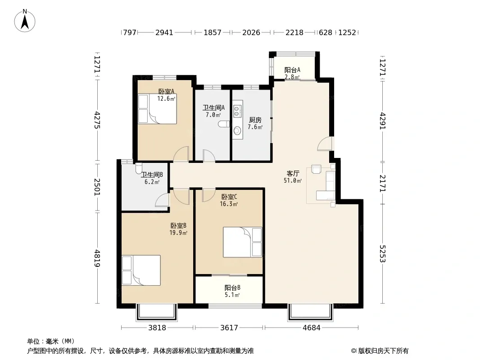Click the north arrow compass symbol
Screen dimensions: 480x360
pyautogui.click(x=25, y=21)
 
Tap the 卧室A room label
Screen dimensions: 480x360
pyautogui.click(x=166, y=91)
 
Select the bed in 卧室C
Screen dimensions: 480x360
pyautogui.click(x=242, y=242)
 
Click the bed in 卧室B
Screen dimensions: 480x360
pyautogui.click(x=141, y=270)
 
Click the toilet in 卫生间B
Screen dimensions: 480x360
pyautogui.click(x=139, y=168)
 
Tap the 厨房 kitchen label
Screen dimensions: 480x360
pyautogui.click(x=255, y=120)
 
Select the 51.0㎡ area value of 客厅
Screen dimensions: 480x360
pyautogui.click(x=293, y=180)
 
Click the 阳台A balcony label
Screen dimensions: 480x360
pyautogui.click(x=292, y=70)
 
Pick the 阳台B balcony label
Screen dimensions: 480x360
pyautogui.click(x=232, y=288)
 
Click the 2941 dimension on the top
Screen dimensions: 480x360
pyautogui.click(x=164, y=32)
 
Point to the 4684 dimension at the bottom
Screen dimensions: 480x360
pyautogui.click(x=311, y=328)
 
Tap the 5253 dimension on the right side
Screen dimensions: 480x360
pyautogui.click(x=383, y=253)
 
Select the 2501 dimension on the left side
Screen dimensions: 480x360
pyautogui.click(x=97, y=187)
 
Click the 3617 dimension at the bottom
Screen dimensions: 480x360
pyautogui.click(x=229, y=328)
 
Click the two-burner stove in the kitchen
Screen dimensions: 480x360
pyautogui.click(x=237, y=111)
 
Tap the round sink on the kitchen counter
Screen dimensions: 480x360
pyautogui.click(x=237, y=131)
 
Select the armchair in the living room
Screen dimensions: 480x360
pyautogui.click(x=316, y=169)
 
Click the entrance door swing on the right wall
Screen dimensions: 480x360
pyautogui.click(x=325, y=144)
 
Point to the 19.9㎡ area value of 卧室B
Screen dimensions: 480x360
pyautogui.click(x=178, y=233)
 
